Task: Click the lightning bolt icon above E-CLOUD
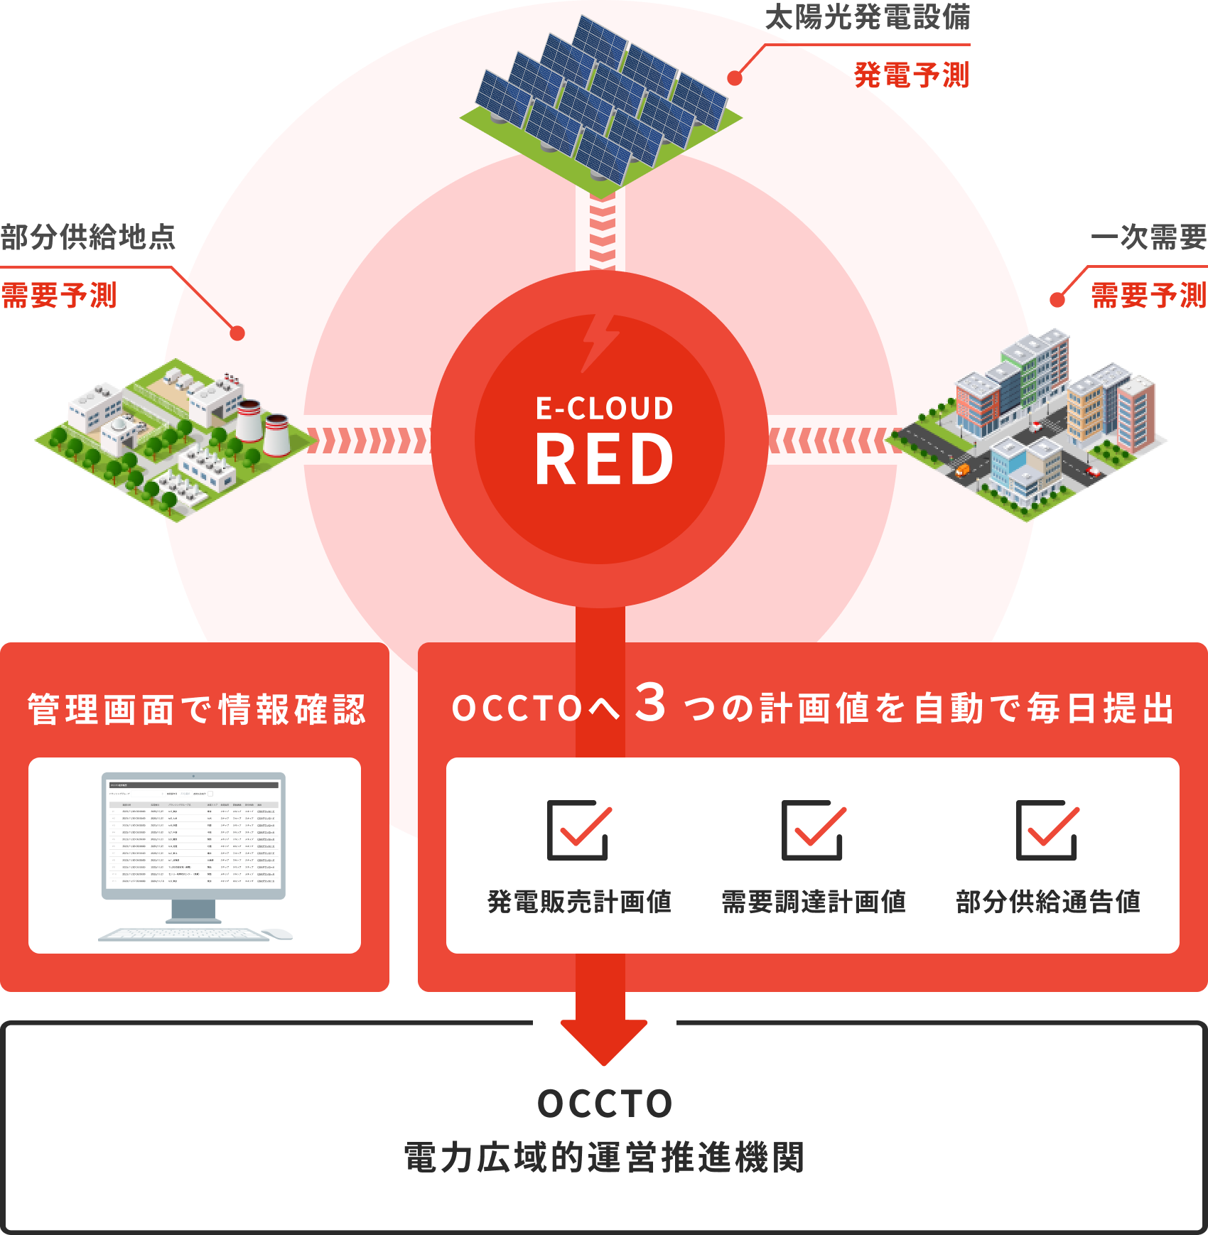click(x=599, y=343)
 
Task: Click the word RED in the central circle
click(x=604, y=460)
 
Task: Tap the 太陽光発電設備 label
click(x=868, y=18)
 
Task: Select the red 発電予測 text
click(x=912, y=75)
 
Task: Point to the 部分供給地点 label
click(x=88, y=237)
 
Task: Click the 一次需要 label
click(x=1149, y=237)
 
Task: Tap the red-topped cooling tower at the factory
click(x=249, y=419)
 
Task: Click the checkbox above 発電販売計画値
click(x=578, y=830)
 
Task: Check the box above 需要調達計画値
click(x=813, y=830)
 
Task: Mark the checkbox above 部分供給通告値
click(x=1047, y=830)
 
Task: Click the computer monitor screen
click(x=193, y=834)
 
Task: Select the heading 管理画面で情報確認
click(x=197, y=710)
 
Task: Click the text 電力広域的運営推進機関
click(x=604, y=1158)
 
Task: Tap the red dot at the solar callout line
click(x=735, y=78)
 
